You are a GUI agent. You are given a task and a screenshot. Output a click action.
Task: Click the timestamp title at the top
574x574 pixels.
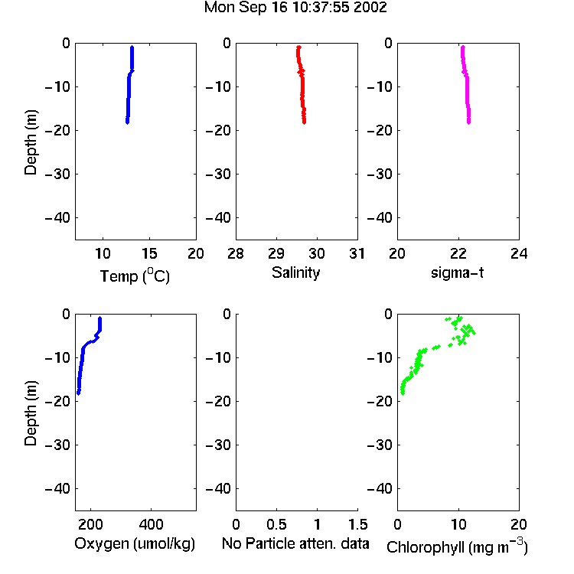[x=295, y=8]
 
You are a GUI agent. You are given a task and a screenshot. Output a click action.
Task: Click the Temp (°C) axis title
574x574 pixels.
[x=135, y=276]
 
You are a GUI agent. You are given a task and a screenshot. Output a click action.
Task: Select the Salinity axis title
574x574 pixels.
[x=295, y=272]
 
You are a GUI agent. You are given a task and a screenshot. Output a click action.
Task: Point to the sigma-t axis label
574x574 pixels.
[x=457, y=272]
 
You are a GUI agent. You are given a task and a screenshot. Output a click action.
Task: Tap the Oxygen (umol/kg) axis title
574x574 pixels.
[x=135, y=543]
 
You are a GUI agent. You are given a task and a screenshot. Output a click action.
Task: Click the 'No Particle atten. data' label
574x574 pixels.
[x=295, y=543]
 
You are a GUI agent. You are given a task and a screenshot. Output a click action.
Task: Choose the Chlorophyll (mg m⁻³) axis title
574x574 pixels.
[x=457, y=546]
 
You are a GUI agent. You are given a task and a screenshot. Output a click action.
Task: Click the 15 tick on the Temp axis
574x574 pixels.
[x=149, y=253]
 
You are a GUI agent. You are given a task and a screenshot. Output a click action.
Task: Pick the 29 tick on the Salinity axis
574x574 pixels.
[x=276, y=253]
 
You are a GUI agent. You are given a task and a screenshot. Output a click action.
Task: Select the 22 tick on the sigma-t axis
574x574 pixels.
[x=458, y=253]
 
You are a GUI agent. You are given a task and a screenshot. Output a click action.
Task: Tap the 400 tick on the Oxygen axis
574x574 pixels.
[x=152, y=524]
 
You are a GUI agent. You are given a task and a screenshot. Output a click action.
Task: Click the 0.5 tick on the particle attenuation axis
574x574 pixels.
[x=276, y=524]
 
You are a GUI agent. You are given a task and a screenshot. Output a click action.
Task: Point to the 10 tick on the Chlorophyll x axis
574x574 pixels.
[x=458, y=524]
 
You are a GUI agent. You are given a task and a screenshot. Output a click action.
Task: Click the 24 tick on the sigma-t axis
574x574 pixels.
[x=519, y=253]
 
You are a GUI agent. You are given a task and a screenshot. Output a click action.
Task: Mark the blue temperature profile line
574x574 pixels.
[x=129, y=85]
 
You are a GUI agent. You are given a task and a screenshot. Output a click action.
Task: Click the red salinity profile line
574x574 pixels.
[x=302, y=85]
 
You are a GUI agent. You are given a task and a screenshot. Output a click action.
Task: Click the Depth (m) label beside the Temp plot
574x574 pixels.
[x=31, y=142]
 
